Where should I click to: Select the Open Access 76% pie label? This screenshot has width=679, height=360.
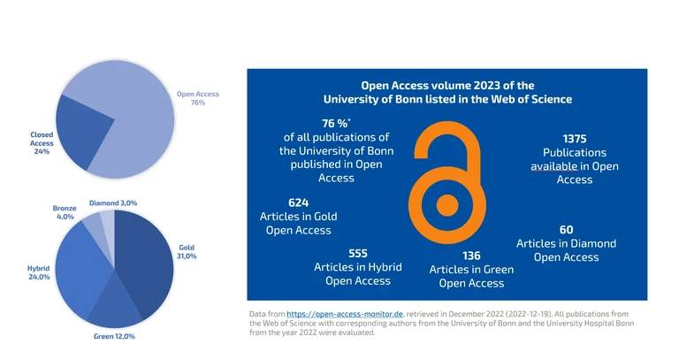197,98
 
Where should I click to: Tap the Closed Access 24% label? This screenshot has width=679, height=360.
42,143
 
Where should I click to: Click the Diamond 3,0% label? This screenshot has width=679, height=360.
113,203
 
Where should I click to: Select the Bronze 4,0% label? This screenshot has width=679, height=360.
65,212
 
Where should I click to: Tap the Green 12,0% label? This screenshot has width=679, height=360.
115,336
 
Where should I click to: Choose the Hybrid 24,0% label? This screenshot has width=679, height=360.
40,272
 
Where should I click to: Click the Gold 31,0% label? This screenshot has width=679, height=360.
187,251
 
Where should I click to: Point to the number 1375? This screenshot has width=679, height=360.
575,138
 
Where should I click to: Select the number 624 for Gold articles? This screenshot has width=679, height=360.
298,202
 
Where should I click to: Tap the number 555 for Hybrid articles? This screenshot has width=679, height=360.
357,252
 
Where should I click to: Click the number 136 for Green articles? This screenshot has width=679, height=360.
471,255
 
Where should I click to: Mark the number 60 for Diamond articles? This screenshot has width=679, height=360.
567,229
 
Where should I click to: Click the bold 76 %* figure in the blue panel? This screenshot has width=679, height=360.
336,123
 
